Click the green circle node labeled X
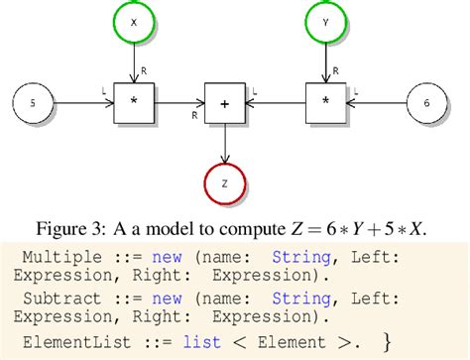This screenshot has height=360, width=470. [x=133, y=21]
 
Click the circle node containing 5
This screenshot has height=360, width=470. [x=32, y=102]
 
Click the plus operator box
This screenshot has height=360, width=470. [x=224, y=102]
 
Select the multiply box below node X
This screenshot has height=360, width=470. [x=133, y=102]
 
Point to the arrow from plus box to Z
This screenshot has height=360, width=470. [x=225, y=141]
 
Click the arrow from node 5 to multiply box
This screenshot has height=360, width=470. [x=83, y=102]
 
